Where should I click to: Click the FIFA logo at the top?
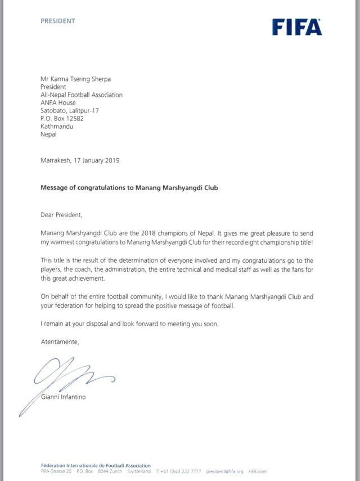pos(297,27)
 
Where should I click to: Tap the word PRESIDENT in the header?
pos(58,21)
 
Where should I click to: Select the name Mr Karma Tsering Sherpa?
pos(79,80)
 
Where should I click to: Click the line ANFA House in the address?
pos(58,103)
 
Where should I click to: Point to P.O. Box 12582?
pos(62,119)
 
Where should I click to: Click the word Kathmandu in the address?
pos(57,127)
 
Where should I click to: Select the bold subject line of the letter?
pos(129,188)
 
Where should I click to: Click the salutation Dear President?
pos(65,215)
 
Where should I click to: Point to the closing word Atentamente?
pos(60,341)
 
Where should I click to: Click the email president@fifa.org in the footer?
pos(224,471)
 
